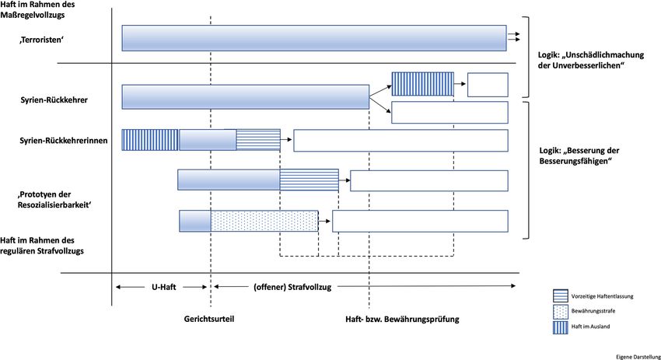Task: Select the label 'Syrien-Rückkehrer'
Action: coord(54,101)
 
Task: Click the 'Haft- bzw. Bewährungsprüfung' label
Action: coord(403,319)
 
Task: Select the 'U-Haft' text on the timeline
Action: coord(163,287)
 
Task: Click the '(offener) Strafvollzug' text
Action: coord(292,287)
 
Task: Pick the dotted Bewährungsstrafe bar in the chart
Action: coord(264,221)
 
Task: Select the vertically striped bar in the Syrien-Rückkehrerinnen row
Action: coord(150,140)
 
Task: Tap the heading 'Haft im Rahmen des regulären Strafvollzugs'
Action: coord(43,246)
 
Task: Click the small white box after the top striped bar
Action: coord(488,84)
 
